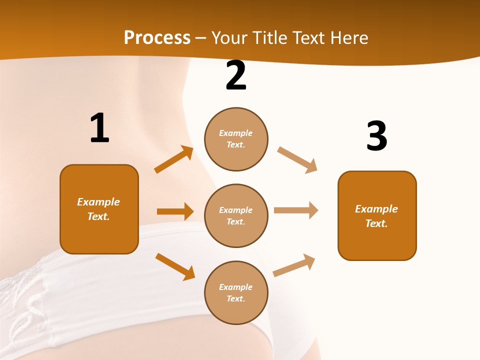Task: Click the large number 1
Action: pyautogui.click(x=99, y=128)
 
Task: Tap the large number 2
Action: pyautogui.click(x=236, y=75)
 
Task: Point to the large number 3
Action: pyautogui.click(x=376, y=136)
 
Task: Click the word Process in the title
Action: pyautogui.click(x=157, y=37)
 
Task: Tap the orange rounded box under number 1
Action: pyautogui.click(x=99, y=209)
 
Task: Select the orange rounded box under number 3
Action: pyautogui.click(x=377, y=215)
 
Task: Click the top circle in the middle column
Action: pyautogui.click(x=236, y=139)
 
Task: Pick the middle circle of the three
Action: pyautogui.click(x=236, y=215)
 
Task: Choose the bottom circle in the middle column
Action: pyautogui.click(x=236, y=292)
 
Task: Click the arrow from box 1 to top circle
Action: pyautogui.click(x=173, y=159)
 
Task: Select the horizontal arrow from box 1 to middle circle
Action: pyautogui.click(x=175, y=211)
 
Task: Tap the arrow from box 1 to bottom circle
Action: pyautogui.click(x=175, y=266)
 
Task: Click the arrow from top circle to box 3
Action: pyautogui.click(x=297, y=160)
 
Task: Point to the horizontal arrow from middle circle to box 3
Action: pyautogui.click(x=295, y=210)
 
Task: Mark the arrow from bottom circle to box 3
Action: pyautogui.click(x=294, y=265)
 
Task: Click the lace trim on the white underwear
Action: pyautogui.click(x=30, y=300)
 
